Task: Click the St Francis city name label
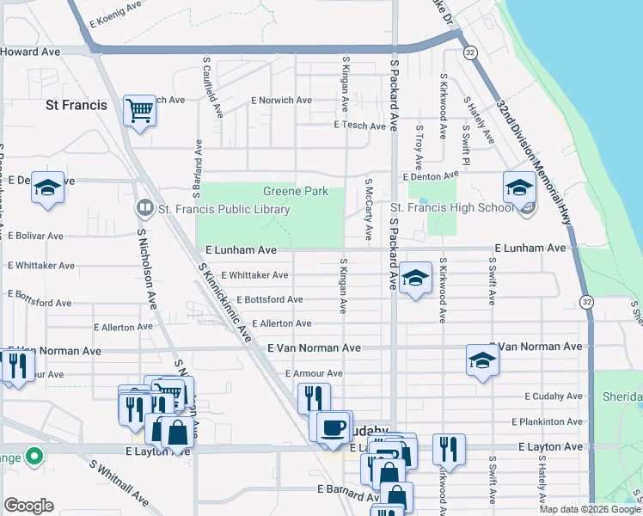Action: pyautogui.click(x=76, y=105)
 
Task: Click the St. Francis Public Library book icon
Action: pyautogui.click(x=144, y=208)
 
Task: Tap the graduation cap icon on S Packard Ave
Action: pyautogui.click(x=415, y=279)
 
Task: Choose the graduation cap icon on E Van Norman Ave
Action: pyautogui.click(x=483, y=360)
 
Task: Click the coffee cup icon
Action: pyautogui.click(x=334, y=427)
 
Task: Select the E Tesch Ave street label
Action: pyautogui.click(x=360, y=126)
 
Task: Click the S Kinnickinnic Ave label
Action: pyautogui.click(x=224, y=302)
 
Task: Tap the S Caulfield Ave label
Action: pyautogui.click(x=213, y=88)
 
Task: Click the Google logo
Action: pyautogui.click(x=28, y=506)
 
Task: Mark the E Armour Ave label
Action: pyautogui.click(x=314, y=373)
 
